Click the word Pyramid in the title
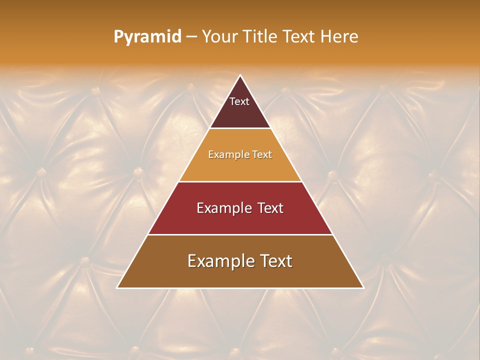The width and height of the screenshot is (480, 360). tap(147, 37)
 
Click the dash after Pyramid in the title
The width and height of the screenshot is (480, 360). tap(191, 37)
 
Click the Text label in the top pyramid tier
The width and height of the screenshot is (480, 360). tap(239, 101)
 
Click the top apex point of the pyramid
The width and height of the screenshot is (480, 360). tap(240, 76)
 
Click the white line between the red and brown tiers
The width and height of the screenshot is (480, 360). tap(240, 234)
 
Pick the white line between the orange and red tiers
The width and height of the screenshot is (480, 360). tap(240, 181)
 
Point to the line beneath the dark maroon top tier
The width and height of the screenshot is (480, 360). tap(240, 128)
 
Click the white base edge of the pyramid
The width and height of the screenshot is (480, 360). tap(240, 288)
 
